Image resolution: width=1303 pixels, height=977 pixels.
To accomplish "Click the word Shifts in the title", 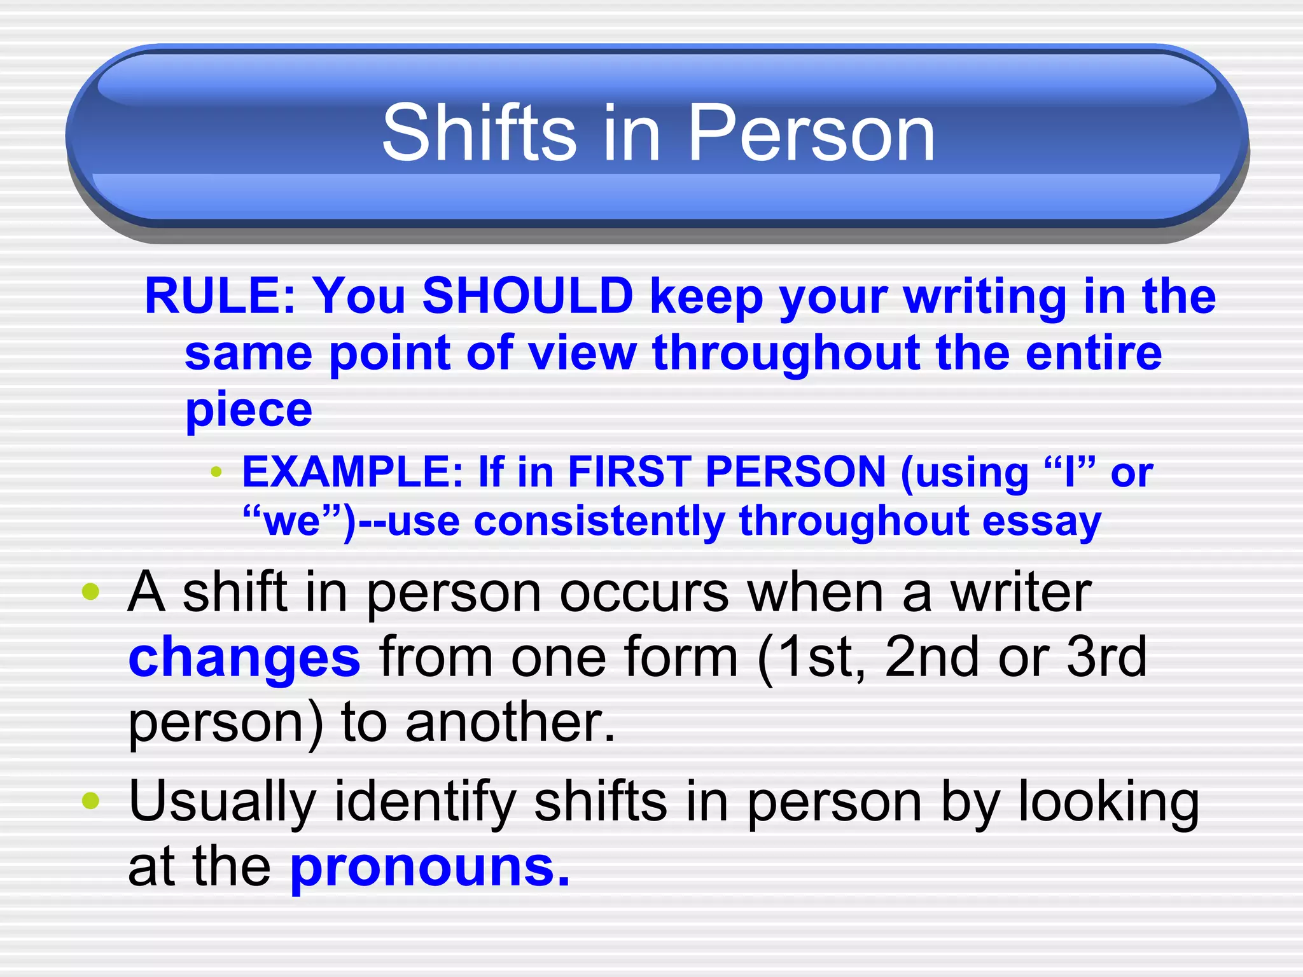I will (478, 134).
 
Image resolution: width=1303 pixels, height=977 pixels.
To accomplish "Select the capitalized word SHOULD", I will (527, 296).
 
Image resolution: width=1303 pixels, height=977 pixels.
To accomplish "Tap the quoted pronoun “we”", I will (293, 522).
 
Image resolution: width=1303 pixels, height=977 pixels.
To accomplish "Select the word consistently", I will (599, 522).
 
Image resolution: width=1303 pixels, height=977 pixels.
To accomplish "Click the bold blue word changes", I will (244, 658).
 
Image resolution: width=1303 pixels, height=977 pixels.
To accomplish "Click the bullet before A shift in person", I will (91, 592).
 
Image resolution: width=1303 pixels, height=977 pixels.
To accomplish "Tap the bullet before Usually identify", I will (91, 801).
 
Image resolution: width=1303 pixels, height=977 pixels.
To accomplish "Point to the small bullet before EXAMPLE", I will (216, 472).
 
